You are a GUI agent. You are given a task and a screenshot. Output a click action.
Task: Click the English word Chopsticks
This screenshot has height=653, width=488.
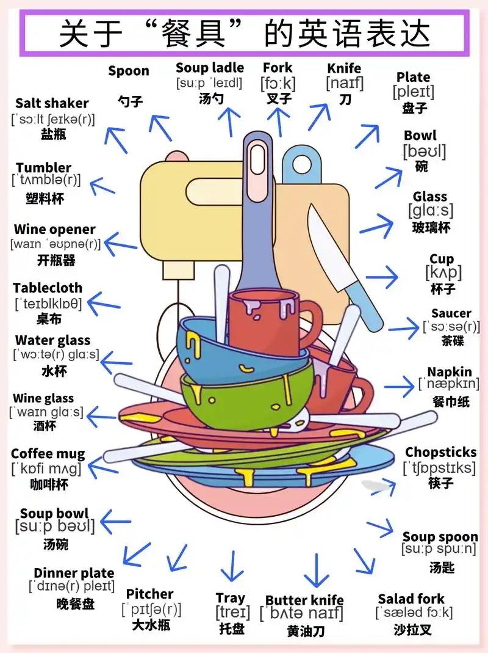click(x=440, y=453)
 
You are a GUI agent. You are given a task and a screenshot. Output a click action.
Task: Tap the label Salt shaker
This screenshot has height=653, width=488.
click(x=52, y=103)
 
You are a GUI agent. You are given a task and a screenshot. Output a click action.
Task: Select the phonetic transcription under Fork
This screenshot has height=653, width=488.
click(x=278, y=83)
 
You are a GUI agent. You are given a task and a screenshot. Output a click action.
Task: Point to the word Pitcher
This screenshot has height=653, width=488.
click(x=149, y=594)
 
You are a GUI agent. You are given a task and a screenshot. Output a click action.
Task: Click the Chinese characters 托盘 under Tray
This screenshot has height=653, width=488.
click(x=232, y=629)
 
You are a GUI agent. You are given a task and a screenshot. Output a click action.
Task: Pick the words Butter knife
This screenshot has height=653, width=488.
click(x=304, y=600)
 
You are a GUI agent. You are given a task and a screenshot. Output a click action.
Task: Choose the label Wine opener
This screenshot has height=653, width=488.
click(x=55, y=230)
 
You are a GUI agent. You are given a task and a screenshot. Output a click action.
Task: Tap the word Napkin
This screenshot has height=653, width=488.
click(x=450, y=372)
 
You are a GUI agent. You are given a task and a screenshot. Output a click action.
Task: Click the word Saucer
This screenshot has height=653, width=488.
click(x=451, y=313)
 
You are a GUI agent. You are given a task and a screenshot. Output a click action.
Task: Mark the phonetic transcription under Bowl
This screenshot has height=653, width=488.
click(x=424, y=151)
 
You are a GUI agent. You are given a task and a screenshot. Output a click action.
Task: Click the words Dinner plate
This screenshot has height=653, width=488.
click(x=74, y=573)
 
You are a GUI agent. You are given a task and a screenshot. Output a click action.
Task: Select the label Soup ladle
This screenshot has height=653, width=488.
click(x=210, y=68)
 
